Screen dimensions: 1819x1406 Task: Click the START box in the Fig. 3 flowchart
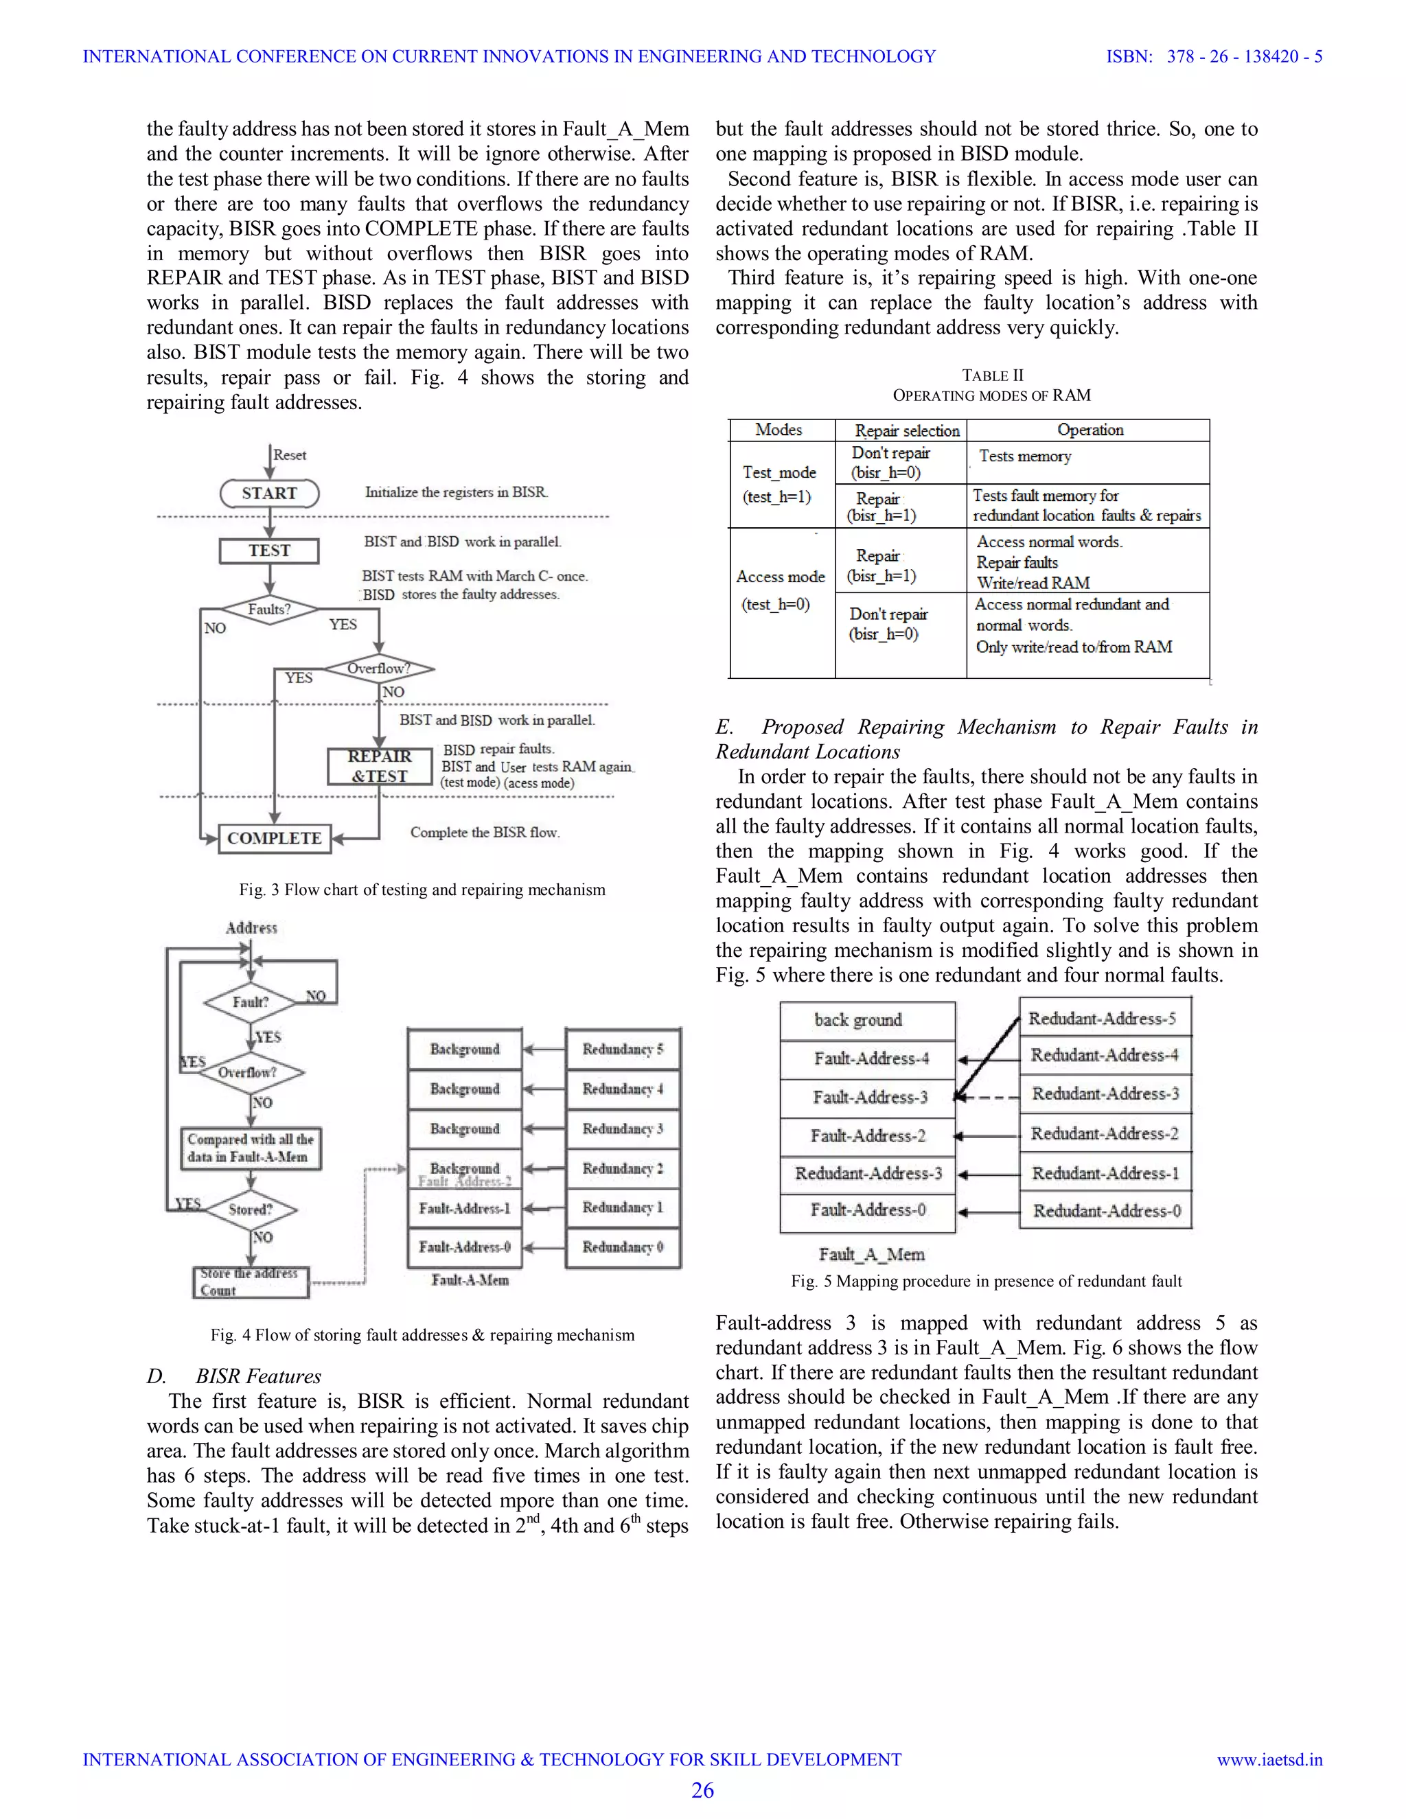[x=270, y=493]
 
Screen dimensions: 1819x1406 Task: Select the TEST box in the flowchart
[x=269, y=551]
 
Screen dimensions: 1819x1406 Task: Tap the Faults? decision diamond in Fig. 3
[x=270, y=610]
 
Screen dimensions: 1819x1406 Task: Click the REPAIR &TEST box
[x=380, y=766]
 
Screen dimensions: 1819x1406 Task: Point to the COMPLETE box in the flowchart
[x=274, y=838]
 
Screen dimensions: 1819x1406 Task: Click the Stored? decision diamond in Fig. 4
[x=251, y=1209]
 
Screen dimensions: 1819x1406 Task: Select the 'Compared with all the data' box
[x=251, y=1148]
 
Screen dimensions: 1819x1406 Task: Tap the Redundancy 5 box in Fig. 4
[x=623, y=1050]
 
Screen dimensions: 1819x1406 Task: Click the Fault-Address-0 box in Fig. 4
[x=465, y=1247]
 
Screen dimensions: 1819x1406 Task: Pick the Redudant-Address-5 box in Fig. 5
[x=1105, y=1019]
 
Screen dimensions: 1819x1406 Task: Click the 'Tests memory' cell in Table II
[x=1026, y=456]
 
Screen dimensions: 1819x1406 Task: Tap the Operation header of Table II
[x=1090, y=430]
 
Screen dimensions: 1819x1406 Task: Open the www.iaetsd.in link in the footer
[x=1269, y=1760]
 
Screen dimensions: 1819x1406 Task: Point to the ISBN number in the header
[x=1214, y=57]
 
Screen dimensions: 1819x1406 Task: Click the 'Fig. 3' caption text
[x=422, y=890]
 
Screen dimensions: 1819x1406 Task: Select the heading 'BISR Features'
[x=258, y=1376]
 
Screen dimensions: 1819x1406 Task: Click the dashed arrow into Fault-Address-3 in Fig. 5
[x=988, y=1097]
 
